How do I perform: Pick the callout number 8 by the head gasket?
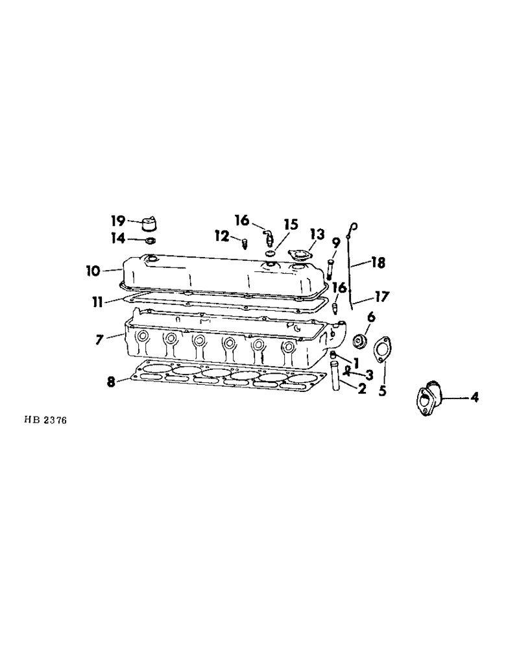click(112, 382)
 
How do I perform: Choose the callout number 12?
click(223, 238)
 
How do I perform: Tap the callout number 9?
click(336, 243)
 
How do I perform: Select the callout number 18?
click(378, 263)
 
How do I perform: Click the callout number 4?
click(474, 398)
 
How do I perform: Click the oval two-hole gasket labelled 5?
click(380, 348)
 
